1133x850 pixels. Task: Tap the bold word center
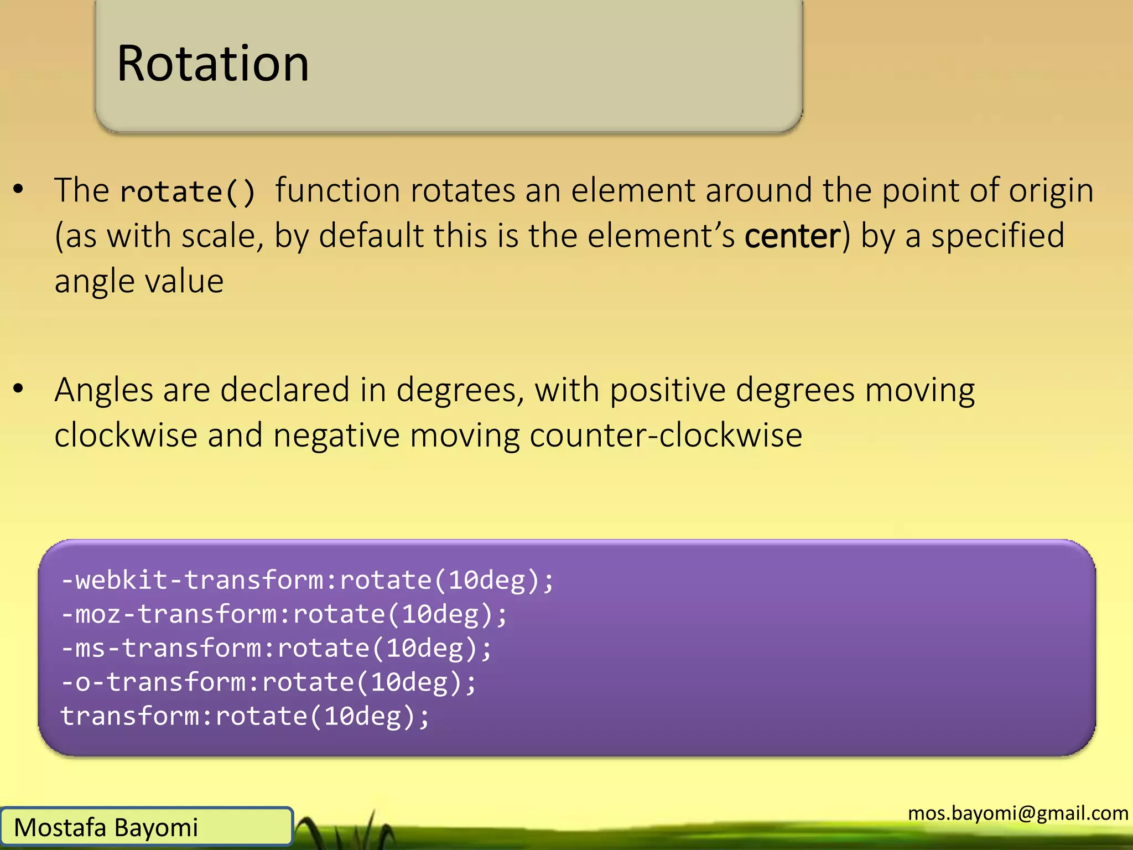[x=792, y=236]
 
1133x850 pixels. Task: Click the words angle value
[x=139, y=281]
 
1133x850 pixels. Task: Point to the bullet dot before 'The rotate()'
[x=19, y=189]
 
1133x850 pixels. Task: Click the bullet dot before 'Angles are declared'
[x=19, y=388]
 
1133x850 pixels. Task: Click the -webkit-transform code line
[x=307, y=581]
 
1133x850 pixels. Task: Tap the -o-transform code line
[x=268, y=682]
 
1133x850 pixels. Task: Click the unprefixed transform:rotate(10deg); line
[x=245, y=717]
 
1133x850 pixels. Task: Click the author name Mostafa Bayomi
[x=106, y=828]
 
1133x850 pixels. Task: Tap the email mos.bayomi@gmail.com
[x=1018, y=813]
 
